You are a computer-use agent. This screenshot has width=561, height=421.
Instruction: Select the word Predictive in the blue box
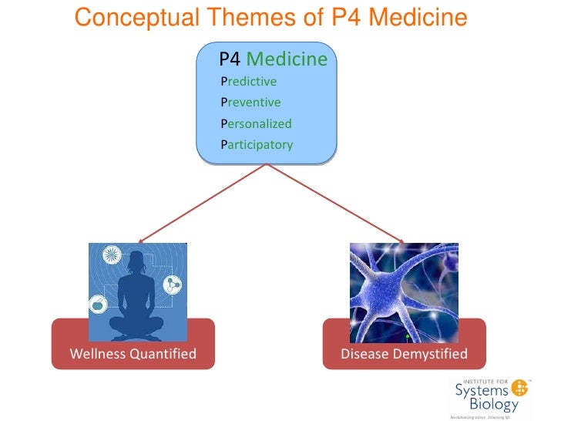(248, 81)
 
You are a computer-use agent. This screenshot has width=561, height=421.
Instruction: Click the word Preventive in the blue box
(250, 102)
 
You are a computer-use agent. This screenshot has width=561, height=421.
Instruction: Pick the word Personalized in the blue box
(256, 123)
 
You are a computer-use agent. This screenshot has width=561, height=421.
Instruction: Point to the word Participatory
(257, 144)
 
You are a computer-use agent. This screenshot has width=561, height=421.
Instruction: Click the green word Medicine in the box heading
(287, 59)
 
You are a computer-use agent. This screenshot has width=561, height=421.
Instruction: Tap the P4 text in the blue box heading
(230, 59)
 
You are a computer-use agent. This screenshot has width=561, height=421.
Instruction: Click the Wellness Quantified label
(133, 355)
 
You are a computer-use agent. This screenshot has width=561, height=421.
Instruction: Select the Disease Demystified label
(404, 355)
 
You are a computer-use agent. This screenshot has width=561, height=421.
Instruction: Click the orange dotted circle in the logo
(520, 388)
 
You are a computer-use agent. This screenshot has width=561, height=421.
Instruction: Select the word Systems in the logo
(482, 390)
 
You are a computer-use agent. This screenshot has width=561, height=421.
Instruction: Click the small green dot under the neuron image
(407, 337)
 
